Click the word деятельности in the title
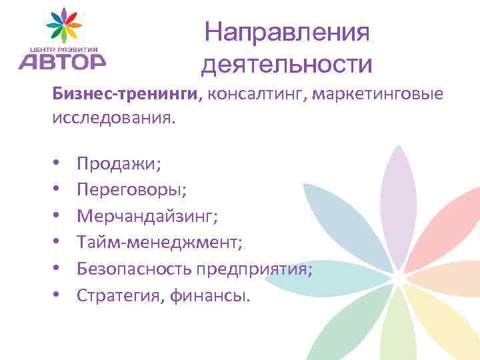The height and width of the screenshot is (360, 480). coord(287,64)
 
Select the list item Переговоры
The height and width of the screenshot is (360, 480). coord(131,189)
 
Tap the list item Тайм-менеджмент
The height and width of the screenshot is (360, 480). coord(159,242)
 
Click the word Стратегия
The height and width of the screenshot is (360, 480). coord(117,295)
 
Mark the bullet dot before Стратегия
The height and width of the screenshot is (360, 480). coord(57,295)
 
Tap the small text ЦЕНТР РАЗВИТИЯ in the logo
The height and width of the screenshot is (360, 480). coord(63,49)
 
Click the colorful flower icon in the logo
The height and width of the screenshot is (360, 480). coord(63,26)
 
